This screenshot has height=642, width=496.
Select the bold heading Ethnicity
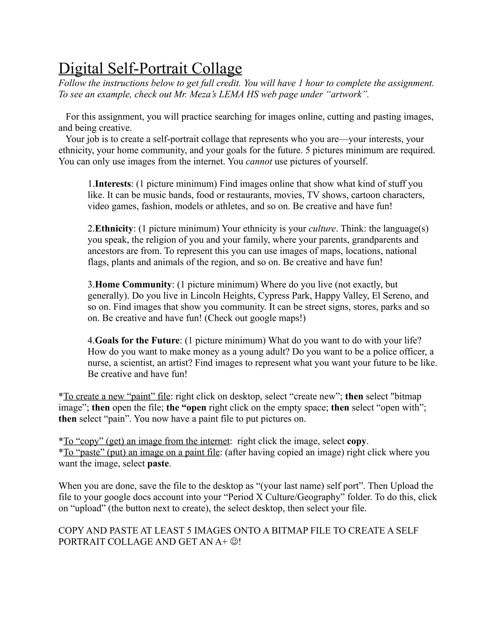[x=114, y=229]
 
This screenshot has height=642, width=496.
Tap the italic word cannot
[x=259, y=162]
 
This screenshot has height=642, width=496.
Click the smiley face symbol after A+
[x=235, y=541]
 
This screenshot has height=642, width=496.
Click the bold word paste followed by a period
[x=158, y=463]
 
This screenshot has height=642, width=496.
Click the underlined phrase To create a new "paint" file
[x=117, y=397]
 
